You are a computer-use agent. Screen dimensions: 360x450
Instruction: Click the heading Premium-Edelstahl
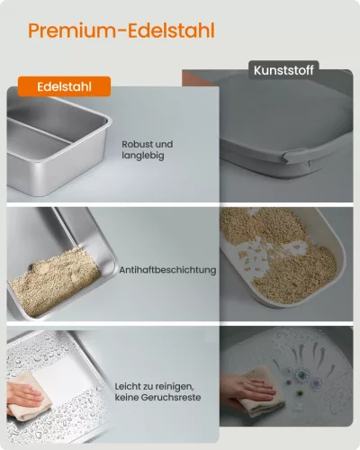(121, 31)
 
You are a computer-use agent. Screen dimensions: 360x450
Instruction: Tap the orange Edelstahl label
(64, 86)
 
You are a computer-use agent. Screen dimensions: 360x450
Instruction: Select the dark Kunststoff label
(283, 70)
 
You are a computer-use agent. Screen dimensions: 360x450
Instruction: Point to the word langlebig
(143, 156)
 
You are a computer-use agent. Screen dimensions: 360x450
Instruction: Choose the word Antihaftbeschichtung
(167, 270)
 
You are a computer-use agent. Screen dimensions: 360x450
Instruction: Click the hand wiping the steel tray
(24, 395)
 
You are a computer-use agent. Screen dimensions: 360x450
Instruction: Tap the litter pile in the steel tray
(54, 282)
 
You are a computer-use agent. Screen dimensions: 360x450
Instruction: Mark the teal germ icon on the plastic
(301, 374)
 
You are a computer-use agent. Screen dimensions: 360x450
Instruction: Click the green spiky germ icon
(299, 393)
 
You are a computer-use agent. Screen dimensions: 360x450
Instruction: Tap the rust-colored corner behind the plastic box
(192, 78)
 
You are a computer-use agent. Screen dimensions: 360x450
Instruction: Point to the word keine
(127, 398)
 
